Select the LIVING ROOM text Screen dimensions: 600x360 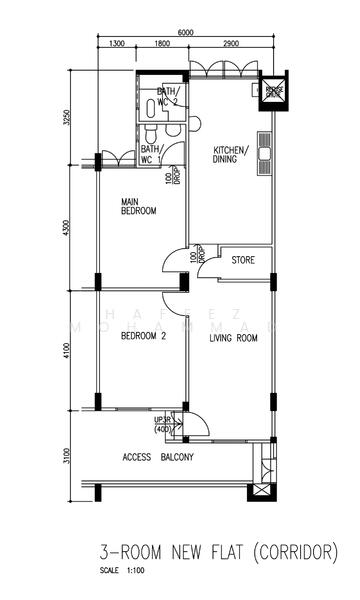click(x=233, y=338)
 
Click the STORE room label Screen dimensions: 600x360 click(x=243, y=260)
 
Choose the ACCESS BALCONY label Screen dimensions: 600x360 click(x=158, y=457)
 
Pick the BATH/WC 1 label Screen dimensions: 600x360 click(x=152, y=154)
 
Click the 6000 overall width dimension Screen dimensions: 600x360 click(x=186, y=32)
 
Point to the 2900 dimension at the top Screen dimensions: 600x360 click(x=230, y=44)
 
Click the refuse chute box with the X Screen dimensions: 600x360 click(x=273, y=92)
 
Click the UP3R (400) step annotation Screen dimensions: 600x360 click(x=163, y=424)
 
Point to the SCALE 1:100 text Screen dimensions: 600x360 click(x=124, y=571)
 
